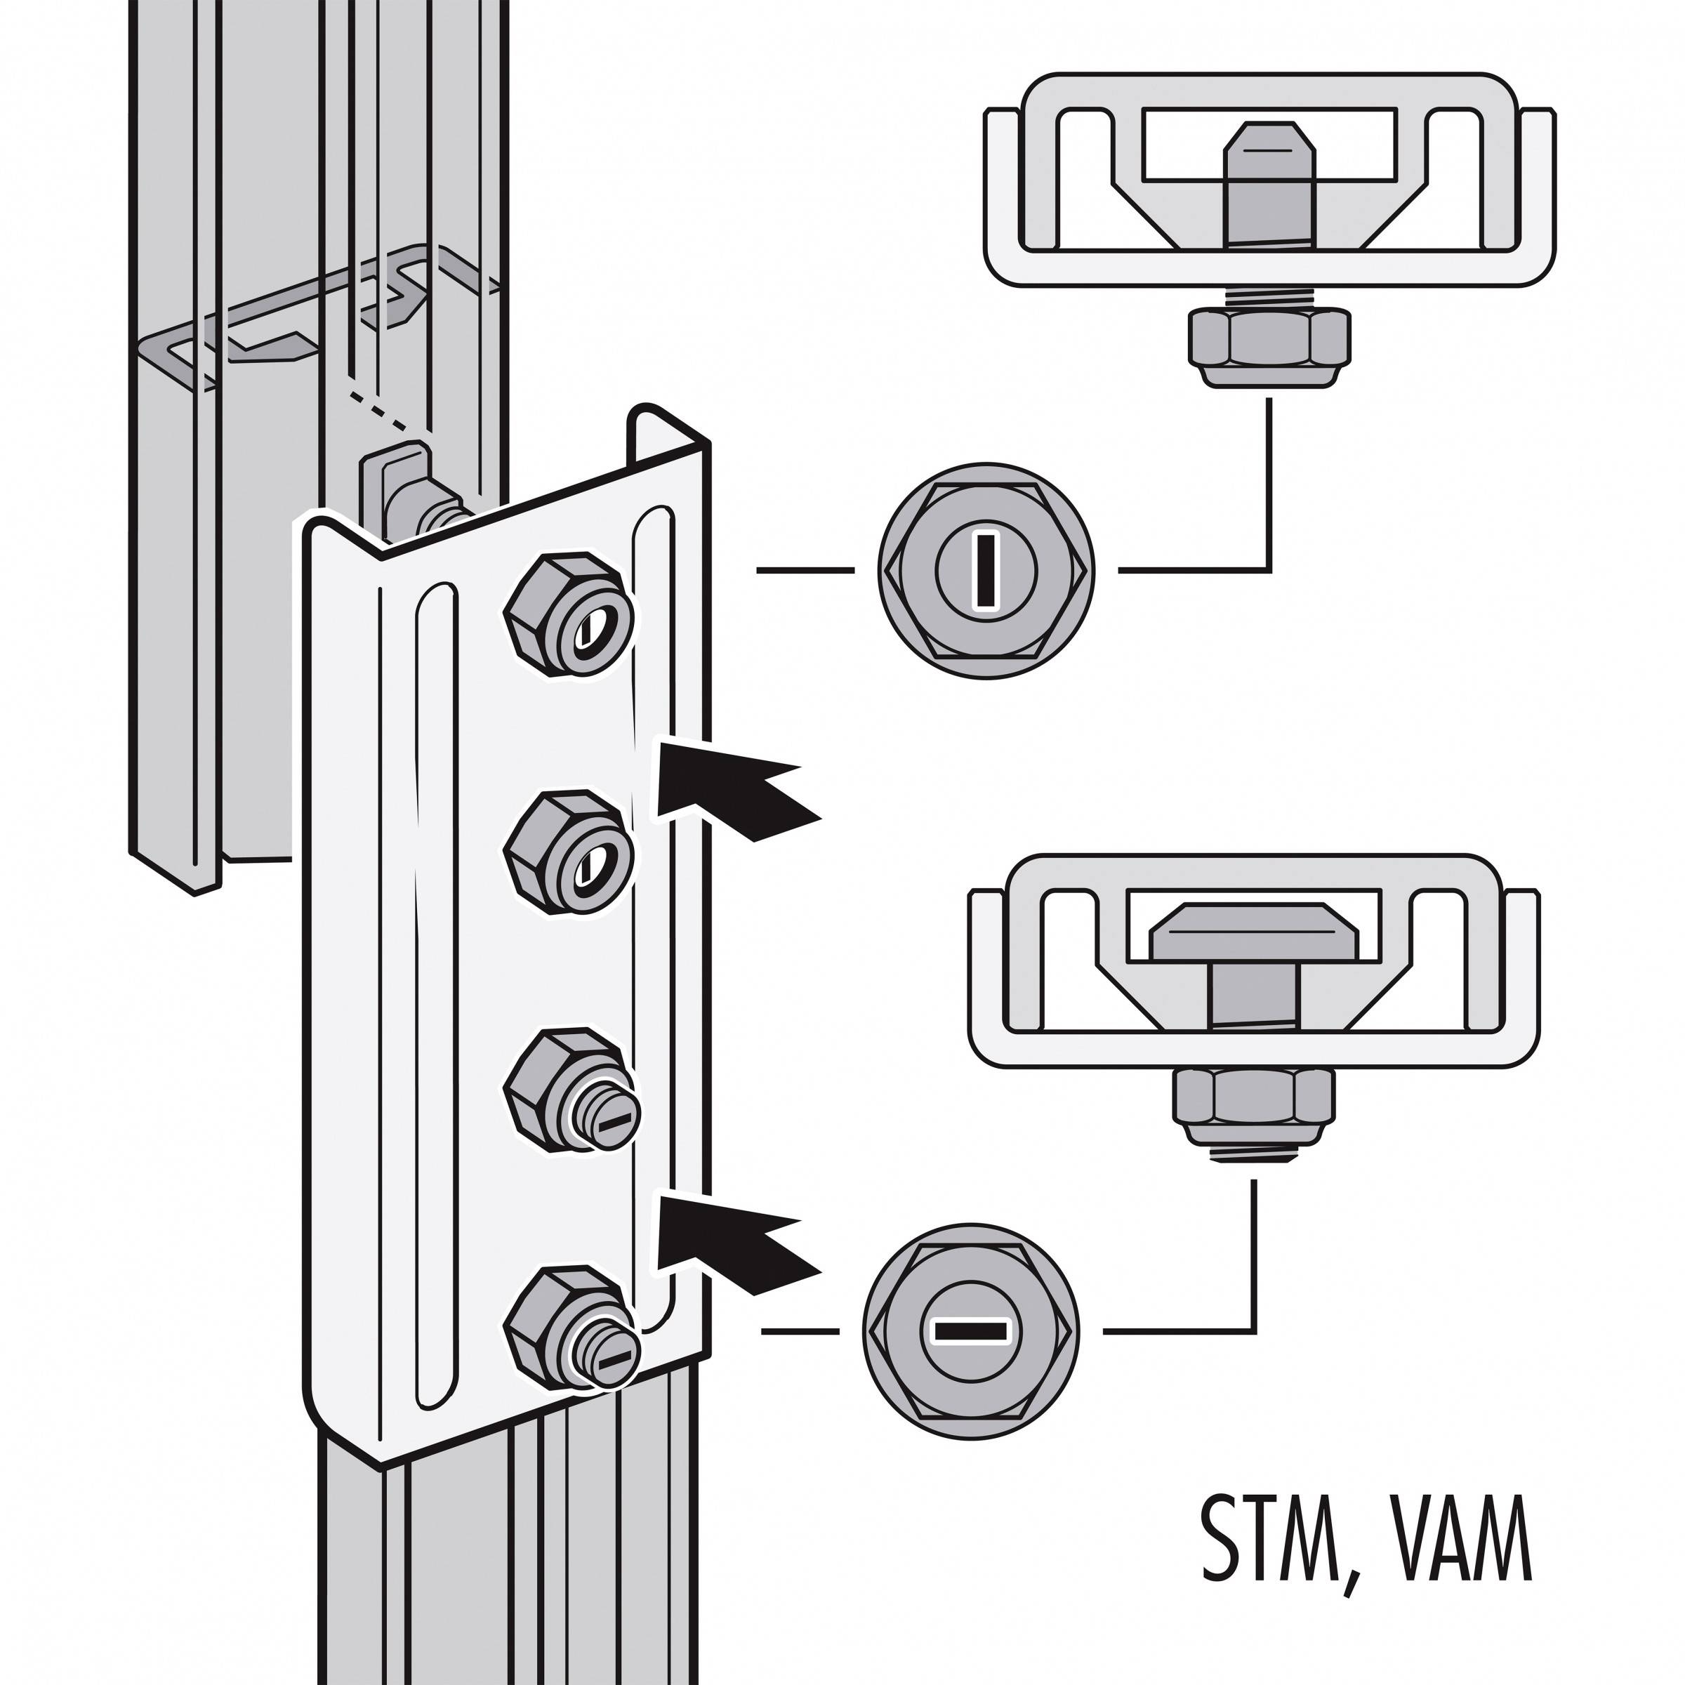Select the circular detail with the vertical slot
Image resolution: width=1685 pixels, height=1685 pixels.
click(x=986, y=571)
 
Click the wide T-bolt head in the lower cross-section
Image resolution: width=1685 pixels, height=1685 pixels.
click(x=1253, y=934)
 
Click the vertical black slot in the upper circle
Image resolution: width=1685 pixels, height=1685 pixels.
click(x=986, y=571)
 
